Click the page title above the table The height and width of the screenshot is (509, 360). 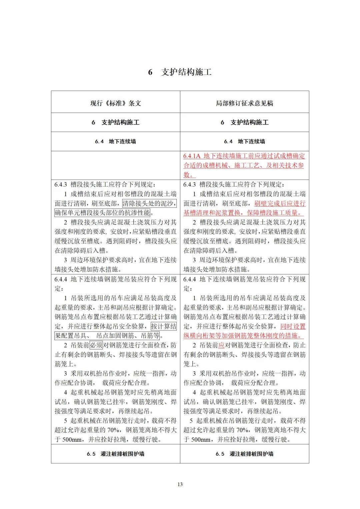(x=180, y=72)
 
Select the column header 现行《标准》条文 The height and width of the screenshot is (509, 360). (x=116, y=103)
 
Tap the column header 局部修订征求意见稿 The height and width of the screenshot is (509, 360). (x=244, y=103)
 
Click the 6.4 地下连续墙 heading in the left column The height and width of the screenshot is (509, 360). (x=116, y=142)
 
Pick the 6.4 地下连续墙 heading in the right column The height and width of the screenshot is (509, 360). (x=244, y=142)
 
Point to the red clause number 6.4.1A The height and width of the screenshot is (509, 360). (x=192, y=156)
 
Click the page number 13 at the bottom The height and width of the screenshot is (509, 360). (x=180, y=484)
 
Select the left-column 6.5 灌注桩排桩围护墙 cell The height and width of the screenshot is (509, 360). (x=116, y=454)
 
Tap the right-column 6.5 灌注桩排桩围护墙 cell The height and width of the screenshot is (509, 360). (x=244, y=454)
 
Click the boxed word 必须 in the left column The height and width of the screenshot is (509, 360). (x=96, y=345)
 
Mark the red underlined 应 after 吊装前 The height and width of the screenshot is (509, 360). (x=221, y=345)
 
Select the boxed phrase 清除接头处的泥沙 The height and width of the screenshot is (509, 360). (x=149, y=203)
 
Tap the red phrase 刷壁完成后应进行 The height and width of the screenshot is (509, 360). (x=280, y=203)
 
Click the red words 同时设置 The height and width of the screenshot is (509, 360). (x=293, y=326)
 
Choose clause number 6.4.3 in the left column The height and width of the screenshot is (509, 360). (x=61, y=185)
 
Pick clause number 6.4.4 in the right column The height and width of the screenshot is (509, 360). (x=190, y=279)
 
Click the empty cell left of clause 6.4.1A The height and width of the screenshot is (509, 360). (x=116, y=165)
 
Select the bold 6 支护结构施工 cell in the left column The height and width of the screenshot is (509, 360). (x=116, y=123)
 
